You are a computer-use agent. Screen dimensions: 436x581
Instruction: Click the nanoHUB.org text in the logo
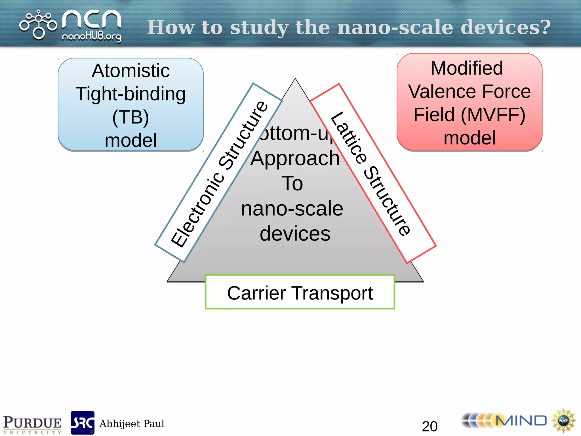pyautogui.click(x=91, y=37)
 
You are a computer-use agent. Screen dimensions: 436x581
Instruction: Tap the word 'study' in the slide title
pyautogui.click(x=259, y=28)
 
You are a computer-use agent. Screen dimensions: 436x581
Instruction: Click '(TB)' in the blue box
pyautogui.click(x=131, y=117)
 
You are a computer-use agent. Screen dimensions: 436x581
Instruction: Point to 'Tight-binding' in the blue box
pyautogui.click(x=131, y=94)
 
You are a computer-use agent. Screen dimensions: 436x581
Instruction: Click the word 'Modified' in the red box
pyautogui.click(x=467, y=68)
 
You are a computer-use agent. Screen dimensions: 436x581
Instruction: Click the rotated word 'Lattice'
pyautogui.click(x=349, y=138)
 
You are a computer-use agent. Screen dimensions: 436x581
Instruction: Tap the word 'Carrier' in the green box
pyautogui.click(x=256, y=293)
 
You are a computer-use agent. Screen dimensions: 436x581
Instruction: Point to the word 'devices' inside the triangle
pyautogui.click(x=295, y=234)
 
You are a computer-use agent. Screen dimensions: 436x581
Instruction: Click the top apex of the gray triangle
pyautogui.click(x=295, y=79)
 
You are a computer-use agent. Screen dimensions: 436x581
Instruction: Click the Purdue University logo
pyautogui.click(x=32, y=424)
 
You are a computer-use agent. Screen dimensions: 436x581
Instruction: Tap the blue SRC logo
pyautogui.click(x=83, y=423)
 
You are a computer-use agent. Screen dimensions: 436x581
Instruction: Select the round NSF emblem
pyautogui.click(x=563, y=420)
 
